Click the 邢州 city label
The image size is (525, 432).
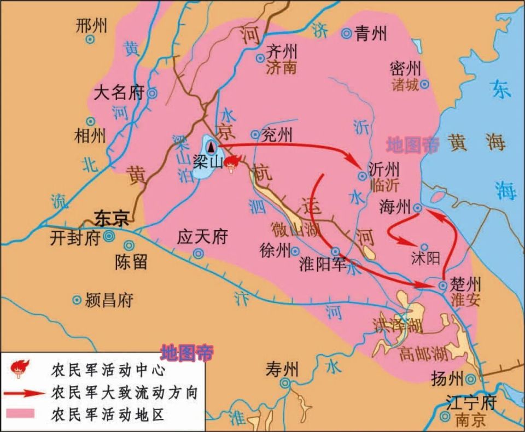point(92,25)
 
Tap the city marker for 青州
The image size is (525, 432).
point(346,34)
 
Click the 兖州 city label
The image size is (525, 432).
point(277,134)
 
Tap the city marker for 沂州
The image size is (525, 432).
point(361,176)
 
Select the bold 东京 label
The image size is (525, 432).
point(112,218)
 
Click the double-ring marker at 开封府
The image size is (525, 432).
point(109,236)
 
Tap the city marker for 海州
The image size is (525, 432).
point(417,208)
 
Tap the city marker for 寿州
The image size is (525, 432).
point(285,384)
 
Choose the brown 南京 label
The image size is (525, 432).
point(470,420)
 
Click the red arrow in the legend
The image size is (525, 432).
point(26,393)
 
